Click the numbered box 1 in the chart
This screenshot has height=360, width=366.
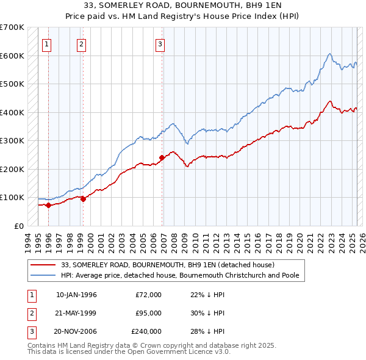point(47,43)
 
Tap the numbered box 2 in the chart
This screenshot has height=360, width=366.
point(82,43)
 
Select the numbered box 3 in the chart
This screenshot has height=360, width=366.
point(160,43)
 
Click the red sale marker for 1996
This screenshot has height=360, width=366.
point(48,206)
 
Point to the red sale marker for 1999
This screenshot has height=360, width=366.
point(83,198)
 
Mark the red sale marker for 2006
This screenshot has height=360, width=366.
point(162,157)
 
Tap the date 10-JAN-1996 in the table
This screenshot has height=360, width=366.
point(76,295)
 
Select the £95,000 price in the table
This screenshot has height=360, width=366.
point(148,313)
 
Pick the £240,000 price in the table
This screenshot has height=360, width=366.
point(146,331)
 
